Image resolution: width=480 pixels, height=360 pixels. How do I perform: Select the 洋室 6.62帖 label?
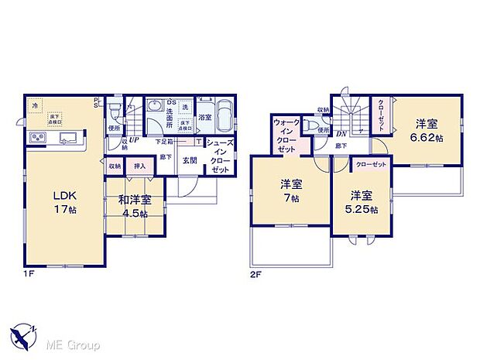click(x=427, y=130)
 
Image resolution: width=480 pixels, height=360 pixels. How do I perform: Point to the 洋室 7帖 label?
click(x=291, y=190)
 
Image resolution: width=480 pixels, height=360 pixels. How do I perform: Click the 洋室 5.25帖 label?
click(x=362, y=202)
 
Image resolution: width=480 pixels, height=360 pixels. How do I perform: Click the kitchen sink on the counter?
click(x=66, y=139)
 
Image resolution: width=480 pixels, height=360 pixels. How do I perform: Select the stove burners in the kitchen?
click(x=38, y=139)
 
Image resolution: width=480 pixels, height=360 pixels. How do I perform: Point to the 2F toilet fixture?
click(x=313, y=124)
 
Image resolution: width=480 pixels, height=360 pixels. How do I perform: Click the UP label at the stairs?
click(x=135, y=141)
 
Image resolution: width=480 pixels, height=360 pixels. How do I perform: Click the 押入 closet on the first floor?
click(x=139, y=166)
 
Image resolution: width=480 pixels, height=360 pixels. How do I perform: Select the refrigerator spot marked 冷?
click(x=35, y=105)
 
